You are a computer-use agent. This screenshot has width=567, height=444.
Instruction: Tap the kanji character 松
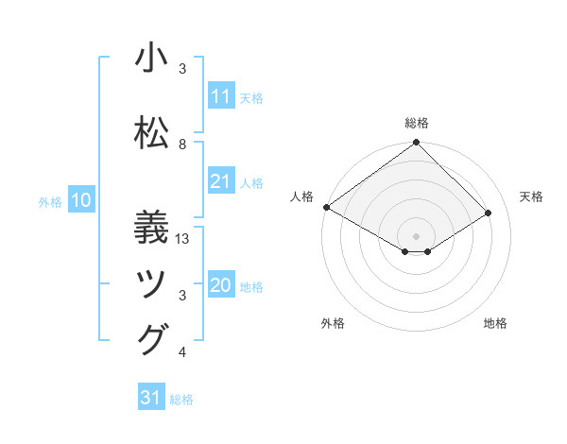(x=151, y=132)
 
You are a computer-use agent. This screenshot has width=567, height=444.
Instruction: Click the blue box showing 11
(x=220, y=96)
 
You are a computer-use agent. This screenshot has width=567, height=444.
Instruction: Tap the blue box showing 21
(x=220, y=181)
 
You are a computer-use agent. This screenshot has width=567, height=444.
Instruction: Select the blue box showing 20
(x=220, y=286)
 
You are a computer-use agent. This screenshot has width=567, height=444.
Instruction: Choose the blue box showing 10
(x=81, y=200)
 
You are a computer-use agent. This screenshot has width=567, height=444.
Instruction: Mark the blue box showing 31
(x=151, y=398)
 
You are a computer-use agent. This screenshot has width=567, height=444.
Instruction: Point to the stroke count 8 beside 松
(x=182, y=145)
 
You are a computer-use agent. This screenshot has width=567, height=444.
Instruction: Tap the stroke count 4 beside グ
(x=182, y=352)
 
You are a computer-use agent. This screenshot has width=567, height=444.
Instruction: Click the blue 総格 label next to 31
(x=181, y=400)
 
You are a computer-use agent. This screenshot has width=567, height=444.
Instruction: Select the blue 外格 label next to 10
(x=49, y=201)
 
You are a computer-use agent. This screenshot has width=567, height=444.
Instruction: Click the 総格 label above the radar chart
(x=416, y=123)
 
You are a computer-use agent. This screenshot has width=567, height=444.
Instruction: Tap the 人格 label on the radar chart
(x=301, y=196)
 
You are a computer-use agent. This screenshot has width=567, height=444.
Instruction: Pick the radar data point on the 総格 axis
(x=416, y=143)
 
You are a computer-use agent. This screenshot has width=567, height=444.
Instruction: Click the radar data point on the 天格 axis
(x=489, y=213)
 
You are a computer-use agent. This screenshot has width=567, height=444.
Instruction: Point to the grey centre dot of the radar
(x=416, y=234)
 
